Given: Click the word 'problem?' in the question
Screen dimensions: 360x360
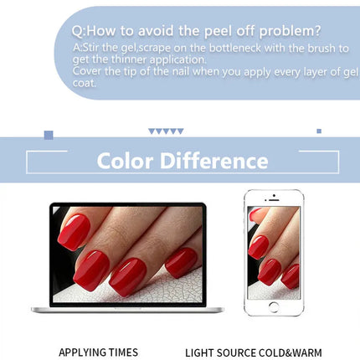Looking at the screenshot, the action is (x=291, y=31).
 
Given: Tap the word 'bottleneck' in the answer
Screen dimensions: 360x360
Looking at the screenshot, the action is (x=235, y=48).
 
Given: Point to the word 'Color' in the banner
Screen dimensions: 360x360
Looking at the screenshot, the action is (x=125, y=161).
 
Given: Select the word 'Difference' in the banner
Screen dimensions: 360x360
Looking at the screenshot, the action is (x=214, y=161).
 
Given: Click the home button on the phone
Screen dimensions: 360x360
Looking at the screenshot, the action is (x=274, y=306).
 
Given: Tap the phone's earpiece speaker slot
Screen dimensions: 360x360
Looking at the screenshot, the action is (x=274, y=200).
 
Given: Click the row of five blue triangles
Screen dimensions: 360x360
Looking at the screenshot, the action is (x=166, y=131).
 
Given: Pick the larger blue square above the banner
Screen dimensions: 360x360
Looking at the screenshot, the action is (x=49, y=135).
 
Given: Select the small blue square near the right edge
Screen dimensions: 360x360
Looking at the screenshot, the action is (x=319, y=131).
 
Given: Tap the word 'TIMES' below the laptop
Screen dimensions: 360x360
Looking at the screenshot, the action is (x=123, y=352).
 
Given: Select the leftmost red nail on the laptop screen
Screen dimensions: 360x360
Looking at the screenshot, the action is (x=74, y=232).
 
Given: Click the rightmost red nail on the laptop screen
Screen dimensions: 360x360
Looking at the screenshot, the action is (x=182, y=262).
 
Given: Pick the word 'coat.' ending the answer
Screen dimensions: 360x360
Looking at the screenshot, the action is (x=85, y=83).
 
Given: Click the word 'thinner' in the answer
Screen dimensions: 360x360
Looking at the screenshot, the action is (x=129, y=59).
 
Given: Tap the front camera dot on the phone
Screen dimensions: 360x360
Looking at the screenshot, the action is (x=274, y=195).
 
